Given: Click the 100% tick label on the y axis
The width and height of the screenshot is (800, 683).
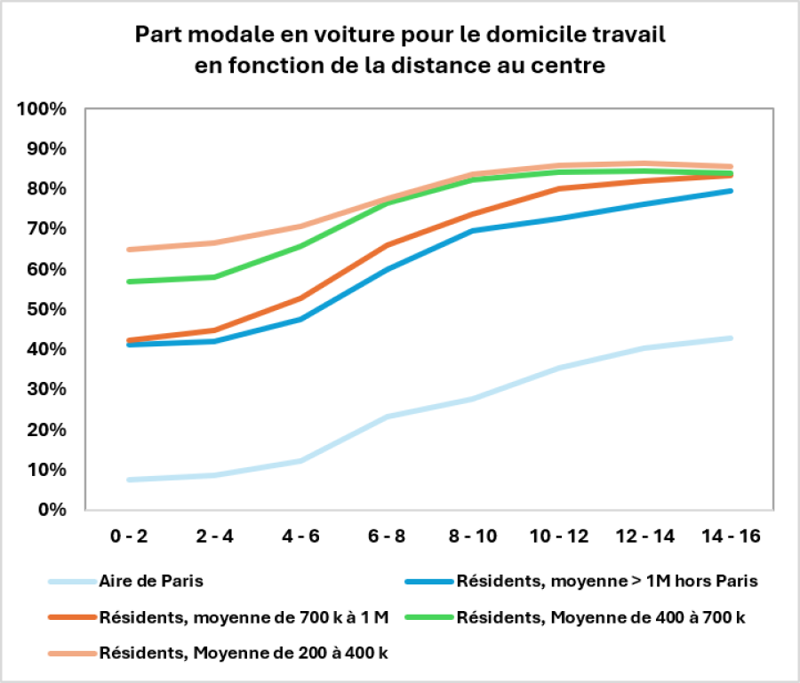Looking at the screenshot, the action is coord(41,108).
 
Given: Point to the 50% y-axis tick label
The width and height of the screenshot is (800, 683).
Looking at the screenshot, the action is coord(46,309).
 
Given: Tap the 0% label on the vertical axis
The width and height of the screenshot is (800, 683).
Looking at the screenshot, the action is coord(52,510).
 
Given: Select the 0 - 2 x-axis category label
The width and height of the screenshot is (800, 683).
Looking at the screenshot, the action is coord(129,536).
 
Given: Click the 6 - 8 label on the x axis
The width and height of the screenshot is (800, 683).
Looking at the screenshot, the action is coord(387,536).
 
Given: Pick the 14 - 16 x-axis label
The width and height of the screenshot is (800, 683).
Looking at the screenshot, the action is coord(731,536).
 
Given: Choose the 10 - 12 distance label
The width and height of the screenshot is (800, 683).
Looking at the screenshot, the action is coord(559,536).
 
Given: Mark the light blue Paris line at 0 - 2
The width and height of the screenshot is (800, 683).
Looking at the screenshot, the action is coord(129,480).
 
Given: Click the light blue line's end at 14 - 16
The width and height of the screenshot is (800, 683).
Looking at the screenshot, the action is coord(731,338).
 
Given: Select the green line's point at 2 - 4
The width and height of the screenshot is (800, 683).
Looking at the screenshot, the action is coord(214,277).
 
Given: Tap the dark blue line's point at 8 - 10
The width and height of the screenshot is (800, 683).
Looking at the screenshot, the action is coord(473,231).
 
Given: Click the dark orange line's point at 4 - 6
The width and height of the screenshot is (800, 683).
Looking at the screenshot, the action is coord(300,298).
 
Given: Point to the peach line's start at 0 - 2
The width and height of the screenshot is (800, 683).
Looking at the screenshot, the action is coord(129,250).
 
